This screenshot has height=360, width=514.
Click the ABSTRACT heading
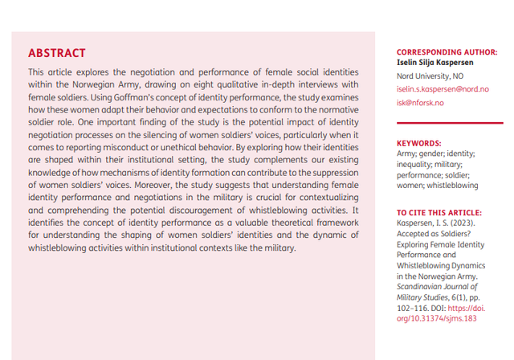56,54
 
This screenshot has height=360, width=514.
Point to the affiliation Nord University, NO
431,76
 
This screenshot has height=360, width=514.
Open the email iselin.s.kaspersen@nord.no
443,89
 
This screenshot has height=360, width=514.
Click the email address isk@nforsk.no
419,103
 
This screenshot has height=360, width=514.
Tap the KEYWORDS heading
418,142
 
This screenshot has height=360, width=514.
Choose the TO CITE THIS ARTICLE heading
434,212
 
